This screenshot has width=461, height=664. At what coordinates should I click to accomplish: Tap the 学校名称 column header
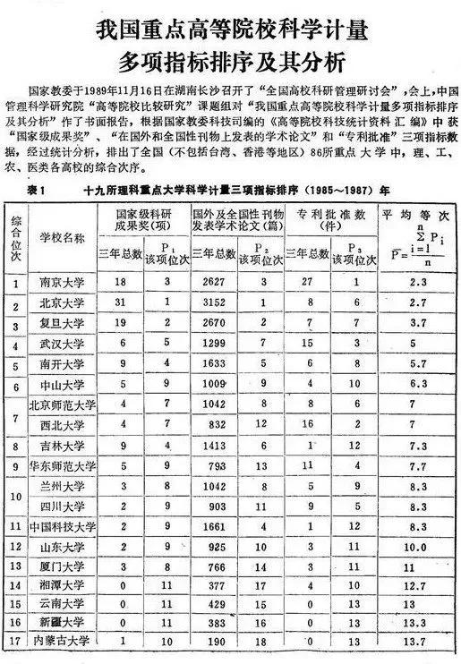pyautogui.click(x=65, y=240)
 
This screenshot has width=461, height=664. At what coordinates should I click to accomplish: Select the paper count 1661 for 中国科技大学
pyautogui.click(x=217, y=525)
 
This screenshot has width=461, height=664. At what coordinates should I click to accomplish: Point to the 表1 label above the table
pyautogui.click(x=42, y=192)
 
